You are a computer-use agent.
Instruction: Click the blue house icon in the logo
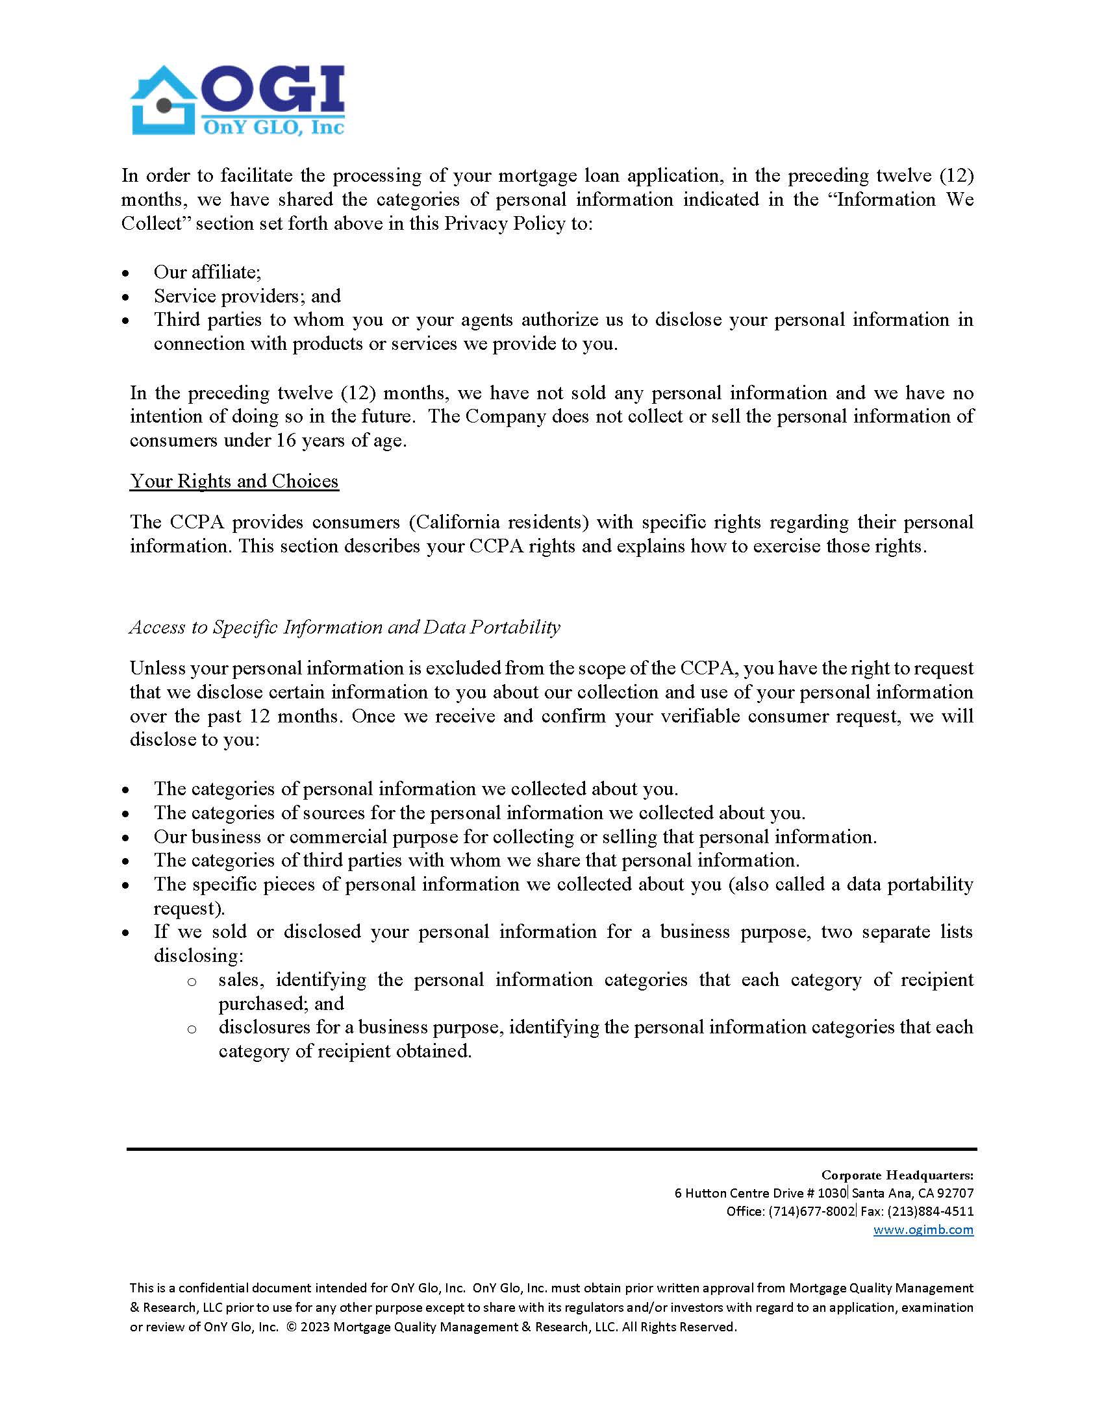[x=164, y=101]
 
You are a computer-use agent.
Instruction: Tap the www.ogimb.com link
[x=923, y=1229]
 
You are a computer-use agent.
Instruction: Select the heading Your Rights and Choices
[x=234, y=481]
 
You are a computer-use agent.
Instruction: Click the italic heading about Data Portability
[x=345, y=627]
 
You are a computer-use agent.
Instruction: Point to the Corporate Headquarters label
[x=897, y=1175]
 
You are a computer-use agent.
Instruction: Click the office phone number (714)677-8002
[x=811, y=1211]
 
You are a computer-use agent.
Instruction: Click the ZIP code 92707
[x=955, y=1192]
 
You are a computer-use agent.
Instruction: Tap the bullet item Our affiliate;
[x=207, y=272]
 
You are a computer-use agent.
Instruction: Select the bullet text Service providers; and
[x=247, y=296]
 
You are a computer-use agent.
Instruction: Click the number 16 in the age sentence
[x=286, y=441]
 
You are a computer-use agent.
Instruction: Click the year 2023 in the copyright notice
[x=315, y=1327]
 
